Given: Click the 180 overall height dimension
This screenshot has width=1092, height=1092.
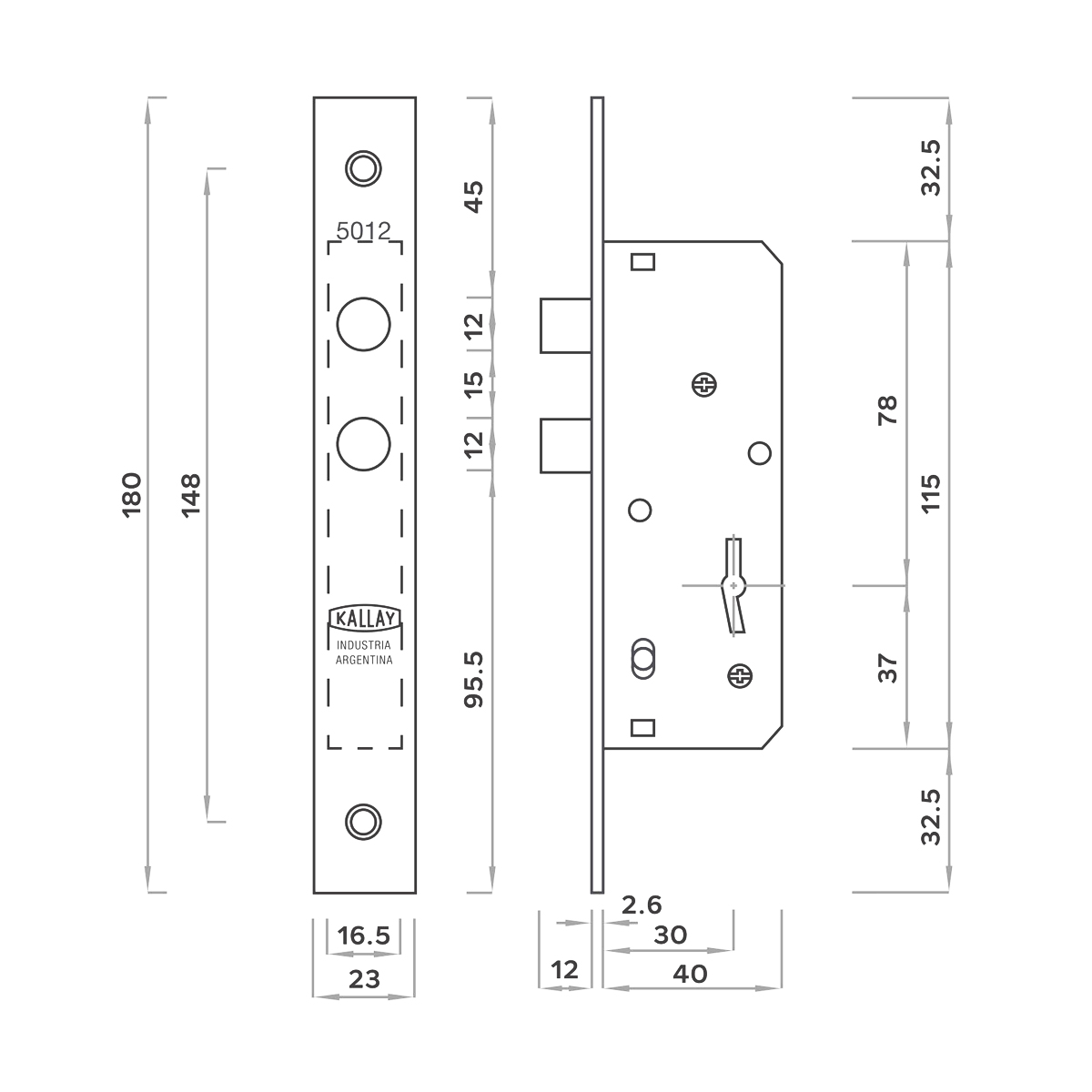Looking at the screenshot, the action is click(131, 495).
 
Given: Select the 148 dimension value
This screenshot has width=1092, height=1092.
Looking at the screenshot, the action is click(191, 495).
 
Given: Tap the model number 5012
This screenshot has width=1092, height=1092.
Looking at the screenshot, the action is click(364, 230).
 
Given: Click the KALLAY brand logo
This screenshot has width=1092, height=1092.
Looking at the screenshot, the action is click(365, 618).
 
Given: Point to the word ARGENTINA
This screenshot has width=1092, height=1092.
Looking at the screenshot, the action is click(364, 660).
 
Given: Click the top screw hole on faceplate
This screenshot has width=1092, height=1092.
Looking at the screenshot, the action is click(363, 168).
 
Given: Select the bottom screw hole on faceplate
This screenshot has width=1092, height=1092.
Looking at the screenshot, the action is click(363, 822).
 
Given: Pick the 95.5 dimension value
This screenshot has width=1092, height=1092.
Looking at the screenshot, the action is click(474, 680).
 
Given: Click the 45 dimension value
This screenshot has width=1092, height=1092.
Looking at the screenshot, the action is click(474, 197).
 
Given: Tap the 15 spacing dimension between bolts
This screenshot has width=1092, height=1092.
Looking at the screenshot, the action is click(474, 384).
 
